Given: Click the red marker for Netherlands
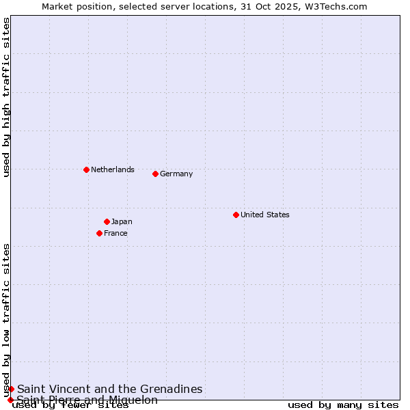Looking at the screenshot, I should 86,169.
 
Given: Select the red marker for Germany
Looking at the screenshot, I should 155,174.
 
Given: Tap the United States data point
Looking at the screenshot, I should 236,215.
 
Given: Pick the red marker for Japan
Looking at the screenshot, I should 107,221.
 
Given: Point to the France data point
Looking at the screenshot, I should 99,233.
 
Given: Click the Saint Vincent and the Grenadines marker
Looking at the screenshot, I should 11,389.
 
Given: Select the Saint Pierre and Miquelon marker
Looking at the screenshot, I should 10,400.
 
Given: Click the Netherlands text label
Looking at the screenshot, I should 112,169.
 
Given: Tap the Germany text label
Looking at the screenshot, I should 176,174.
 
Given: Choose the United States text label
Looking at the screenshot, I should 264,215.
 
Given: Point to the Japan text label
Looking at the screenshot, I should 122,221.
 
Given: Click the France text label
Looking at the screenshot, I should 115,233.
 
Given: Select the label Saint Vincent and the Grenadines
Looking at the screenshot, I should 109,389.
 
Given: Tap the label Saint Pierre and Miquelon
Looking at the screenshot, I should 87,400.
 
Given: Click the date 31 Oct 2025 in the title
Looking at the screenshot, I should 277,6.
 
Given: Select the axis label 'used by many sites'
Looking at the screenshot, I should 343,405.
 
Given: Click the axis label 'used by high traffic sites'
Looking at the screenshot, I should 6,97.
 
